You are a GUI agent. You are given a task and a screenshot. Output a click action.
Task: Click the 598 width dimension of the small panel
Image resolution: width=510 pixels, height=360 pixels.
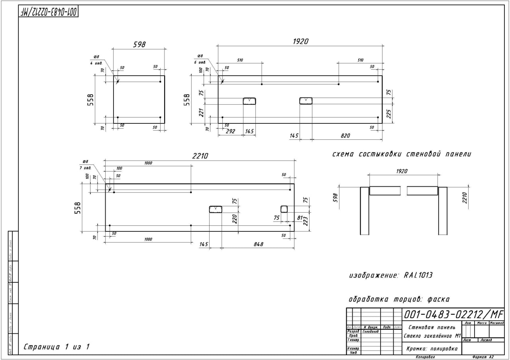[x=139, y=45]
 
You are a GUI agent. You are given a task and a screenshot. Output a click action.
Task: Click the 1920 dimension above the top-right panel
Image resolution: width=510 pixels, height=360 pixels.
[x=300, y=41]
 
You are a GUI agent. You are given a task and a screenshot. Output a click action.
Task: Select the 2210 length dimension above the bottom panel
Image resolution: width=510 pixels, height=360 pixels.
[x=200, y=156]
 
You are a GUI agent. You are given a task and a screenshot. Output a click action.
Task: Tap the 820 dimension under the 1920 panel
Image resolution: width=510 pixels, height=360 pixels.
[x=345, y=135]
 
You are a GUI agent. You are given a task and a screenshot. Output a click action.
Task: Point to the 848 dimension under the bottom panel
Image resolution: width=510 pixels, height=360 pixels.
[x=258, y=244]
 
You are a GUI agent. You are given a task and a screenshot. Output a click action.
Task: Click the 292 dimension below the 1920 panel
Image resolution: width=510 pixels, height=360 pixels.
[x=230, y=131]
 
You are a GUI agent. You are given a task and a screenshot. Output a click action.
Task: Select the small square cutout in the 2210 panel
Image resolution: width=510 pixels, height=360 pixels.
[x=284, y=209]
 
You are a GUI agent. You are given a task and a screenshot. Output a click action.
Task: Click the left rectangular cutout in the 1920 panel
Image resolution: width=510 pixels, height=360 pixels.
[x=249, y=101]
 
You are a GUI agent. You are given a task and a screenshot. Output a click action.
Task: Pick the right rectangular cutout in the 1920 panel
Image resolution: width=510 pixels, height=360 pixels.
[x=306, y=100]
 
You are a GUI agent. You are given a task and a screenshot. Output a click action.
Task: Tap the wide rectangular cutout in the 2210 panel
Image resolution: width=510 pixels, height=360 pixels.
[x=216, y=209]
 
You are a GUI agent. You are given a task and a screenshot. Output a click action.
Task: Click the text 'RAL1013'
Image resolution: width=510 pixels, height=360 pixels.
[x=418, y=275]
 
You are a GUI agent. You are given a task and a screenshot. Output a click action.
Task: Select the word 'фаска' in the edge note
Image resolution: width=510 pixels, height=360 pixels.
[x=438, y=299]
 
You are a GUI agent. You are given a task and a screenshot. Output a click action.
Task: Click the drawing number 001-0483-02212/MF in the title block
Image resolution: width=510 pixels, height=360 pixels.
[x=453, y=314]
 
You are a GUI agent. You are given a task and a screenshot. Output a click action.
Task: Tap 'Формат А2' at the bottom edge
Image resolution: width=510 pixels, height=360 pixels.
[x=483, y=357]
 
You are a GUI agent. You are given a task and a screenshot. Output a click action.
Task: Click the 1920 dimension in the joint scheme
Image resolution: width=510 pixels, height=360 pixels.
[x=402, y=171]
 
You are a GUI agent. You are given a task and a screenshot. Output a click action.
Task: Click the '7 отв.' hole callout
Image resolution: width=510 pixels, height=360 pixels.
[x=87, y=168]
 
